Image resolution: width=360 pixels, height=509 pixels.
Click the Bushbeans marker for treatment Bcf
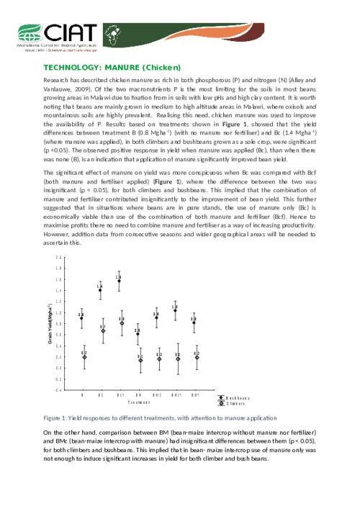click(x=119, y=280)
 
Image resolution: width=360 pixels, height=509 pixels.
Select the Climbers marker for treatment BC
click(x=103, y=331)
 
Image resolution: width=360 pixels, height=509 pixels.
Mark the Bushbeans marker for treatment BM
click(x=138, y=333)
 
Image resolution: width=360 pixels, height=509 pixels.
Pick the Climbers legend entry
click(x=235, y=403)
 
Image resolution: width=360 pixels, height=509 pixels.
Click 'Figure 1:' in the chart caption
click(x=56, y=418)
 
